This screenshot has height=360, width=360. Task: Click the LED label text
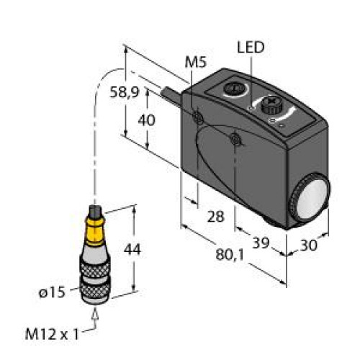[x=251, y=48]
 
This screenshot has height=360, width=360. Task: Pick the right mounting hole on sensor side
[x=237, y=139]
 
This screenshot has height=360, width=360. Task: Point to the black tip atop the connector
[x=94, y=214]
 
